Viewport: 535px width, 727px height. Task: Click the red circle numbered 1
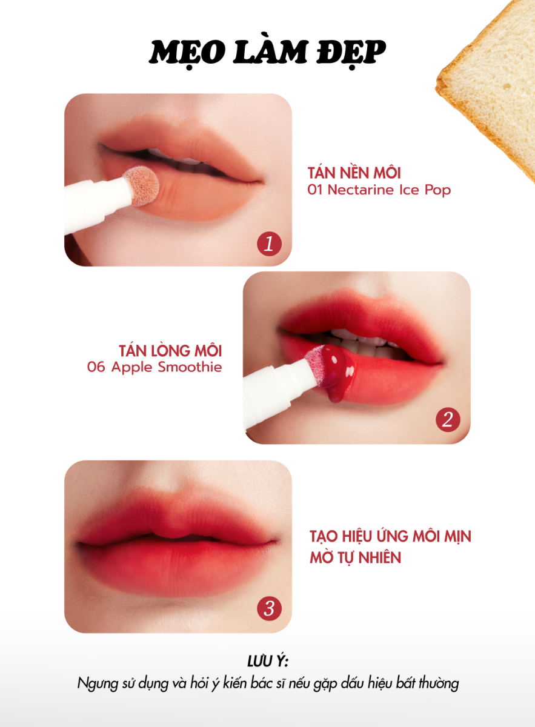click(x=269, y=244)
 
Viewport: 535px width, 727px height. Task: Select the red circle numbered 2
click(x=448, y=420)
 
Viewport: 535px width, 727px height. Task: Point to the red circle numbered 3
click(x=269, y=608)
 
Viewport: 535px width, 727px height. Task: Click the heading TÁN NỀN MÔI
click(x=354, y=173)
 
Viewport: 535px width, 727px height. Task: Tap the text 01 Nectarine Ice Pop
click(x=379, y=190)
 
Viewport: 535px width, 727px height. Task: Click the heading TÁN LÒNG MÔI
click(x=170, y=351)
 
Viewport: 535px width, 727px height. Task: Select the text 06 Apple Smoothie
click(x=155, y=367)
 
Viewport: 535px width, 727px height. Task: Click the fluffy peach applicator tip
click(x=142, y=186)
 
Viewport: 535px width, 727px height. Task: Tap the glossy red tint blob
click(x=334, y=371)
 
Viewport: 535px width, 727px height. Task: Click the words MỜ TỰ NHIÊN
click(x=356, y=557)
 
